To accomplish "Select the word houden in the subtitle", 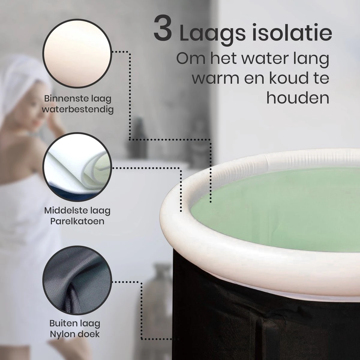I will tap(298, 98).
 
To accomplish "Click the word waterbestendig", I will tap(78, 109).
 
